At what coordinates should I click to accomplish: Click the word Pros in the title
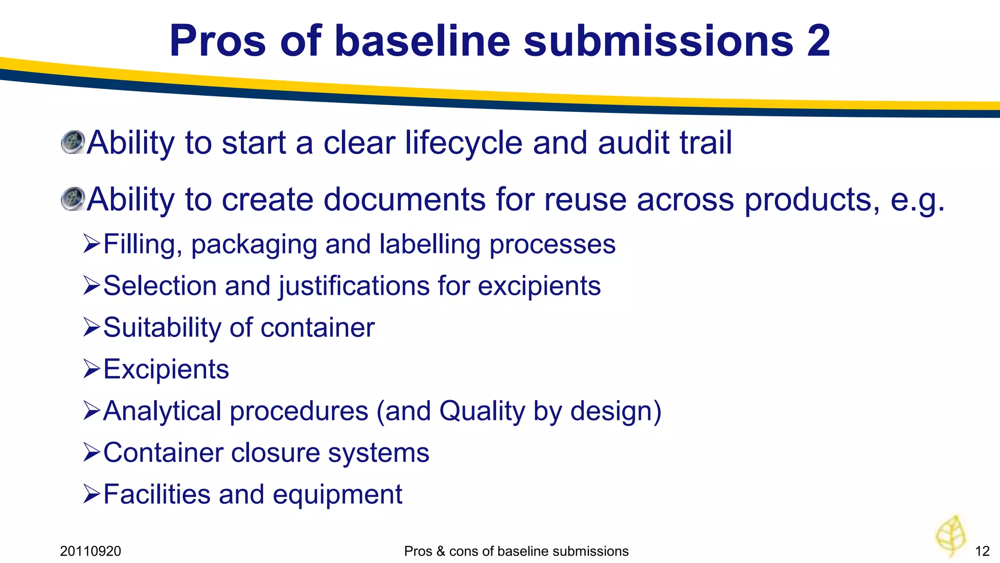point(217,41)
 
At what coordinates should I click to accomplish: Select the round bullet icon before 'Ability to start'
point(73,142)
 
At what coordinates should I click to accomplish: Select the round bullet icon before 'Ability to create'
point(73,199)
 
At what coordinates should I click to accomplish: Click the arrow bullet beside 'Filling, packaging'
point(91,243)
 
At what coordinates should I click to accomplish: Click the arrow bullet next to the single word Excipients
point(91,368)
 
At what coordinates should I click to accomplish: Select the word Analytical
point(162,411)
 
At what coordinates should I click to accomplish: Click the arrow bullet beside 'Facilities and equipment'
point(91,494)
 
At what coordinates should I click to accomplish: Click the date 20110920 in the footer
point(90,551)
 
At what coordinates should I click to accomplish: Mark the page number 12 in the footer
point(982,551)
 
